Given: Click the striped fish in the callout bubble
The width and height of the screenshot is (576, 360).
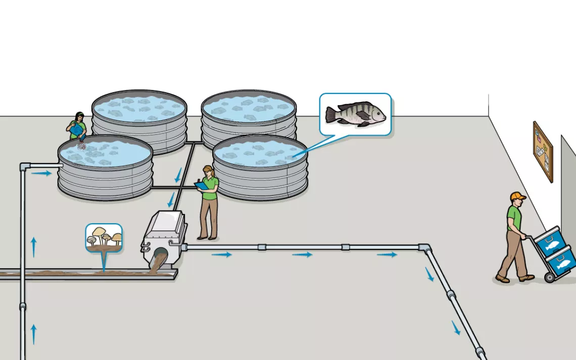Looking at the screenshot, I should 356,114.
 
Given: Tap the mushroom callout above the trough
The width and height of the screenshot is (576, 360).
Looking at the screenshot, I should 104,237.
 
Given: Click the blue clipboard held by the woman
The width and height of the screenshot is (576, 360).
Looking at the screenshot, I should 202,186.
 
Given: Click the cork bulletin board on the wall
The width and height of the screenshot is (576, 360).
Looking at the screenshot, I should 543,151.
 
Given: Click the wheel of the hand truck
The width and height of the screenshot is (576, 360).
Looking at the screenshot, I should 549,277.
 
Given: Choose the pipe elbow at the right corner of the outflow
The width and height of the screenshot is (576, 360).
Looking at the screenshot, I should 425,248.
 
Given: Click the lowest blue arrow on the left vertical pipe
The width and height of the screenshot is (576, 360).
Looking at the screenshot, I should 34,334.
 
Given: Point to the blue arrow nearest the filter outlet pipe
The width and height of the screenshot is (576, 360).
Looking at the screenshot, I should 221,254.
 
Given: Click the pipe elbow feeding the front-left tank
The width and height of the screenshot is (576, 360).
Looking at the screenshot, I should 25,166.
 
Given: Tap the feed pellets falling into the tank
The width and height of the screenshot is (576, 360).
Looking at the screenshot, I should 81,145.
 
